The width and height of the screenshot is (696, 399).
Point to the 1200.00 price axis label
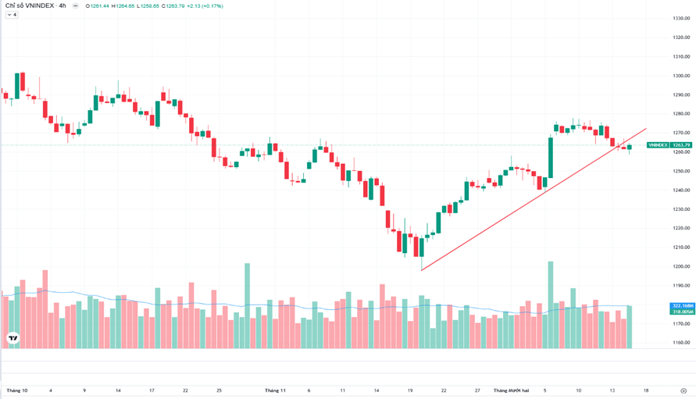(682, 266)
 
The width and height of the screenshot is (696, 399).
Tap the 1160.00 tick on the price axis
(682, 343)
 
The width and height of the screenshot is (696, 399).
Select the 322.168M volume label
(683, 305)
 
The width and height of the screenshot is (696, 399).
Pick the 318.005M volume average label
(683, 312)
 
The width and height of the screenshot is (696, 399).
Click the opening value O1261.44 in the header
(98, 5)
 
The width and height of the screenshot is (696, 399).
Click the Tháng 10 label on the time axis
(17, 390)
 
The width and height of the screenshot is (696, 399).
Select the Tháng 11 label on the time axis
(276, 390)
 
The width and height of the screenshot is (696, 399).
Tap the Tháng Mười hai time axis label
(511, 390)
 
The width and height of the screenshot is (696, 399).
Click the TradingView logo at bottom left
(12, 338)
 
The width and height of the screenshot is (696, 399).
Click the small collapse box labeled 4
(11, 15)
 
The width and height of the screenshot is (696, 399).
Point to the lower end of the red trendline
(421, 270)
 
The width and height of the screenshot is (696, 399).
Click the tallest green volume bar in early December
(551, 305)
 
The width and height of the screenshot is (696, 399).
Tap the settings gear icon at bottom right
(683, 390)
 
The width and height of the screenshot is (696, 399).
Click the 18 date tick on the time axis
(646, 390)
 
